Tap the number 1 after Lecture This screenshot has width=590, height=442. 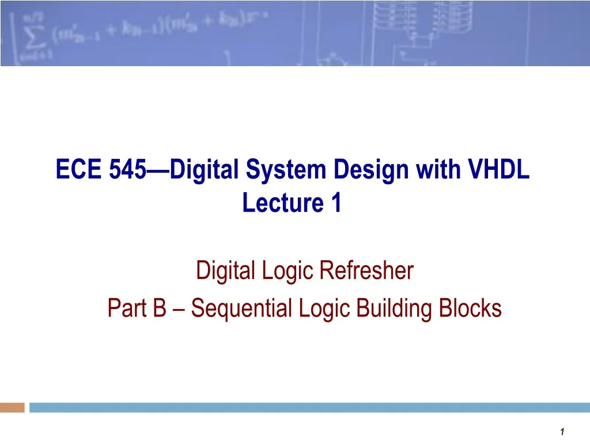pos(336,203)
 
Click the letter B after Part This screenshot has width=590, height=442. pos(159,309)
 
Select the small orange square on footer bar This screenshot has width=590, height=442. pos(12,407)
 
